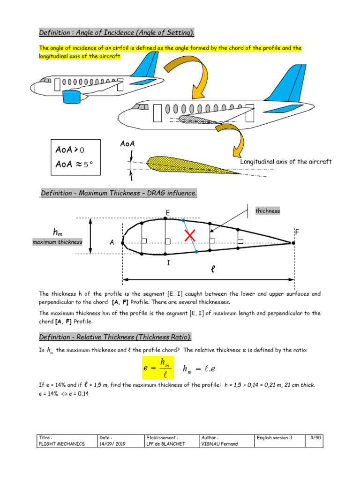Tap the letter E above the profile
pyautogui.click(x=166, y=213)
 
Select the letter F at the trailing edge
pyautogui.click(x=296, y=232)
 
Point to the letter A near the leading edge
pyautogui.click(x=112, y=243)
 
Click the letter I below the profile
pyautogui.click(x=167, y=263)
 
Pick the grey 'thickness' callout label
pyautogui.click(x=267, y=211)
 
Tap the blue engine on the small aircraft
pyautogui.click(x=72, y=97)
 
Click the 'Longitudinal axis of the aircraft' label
pyautogui.click(x=286, y=162)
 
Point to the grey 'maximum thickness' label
pyautogui.click(x=57, y=242)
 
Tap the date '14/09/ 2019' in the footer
pyautogui.click(x=113, y=444)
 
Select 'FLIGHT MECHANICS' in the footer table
pyautogui.click(x=62, y=444)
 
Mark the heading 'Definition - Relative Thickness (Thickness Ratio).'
pyautogui.click(x=115, y=337)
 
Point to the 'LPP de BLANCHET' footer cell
pyautogui.click(x=165, y=444)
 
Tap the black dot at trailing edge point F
pyautogui.click(x=293, y=243)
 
